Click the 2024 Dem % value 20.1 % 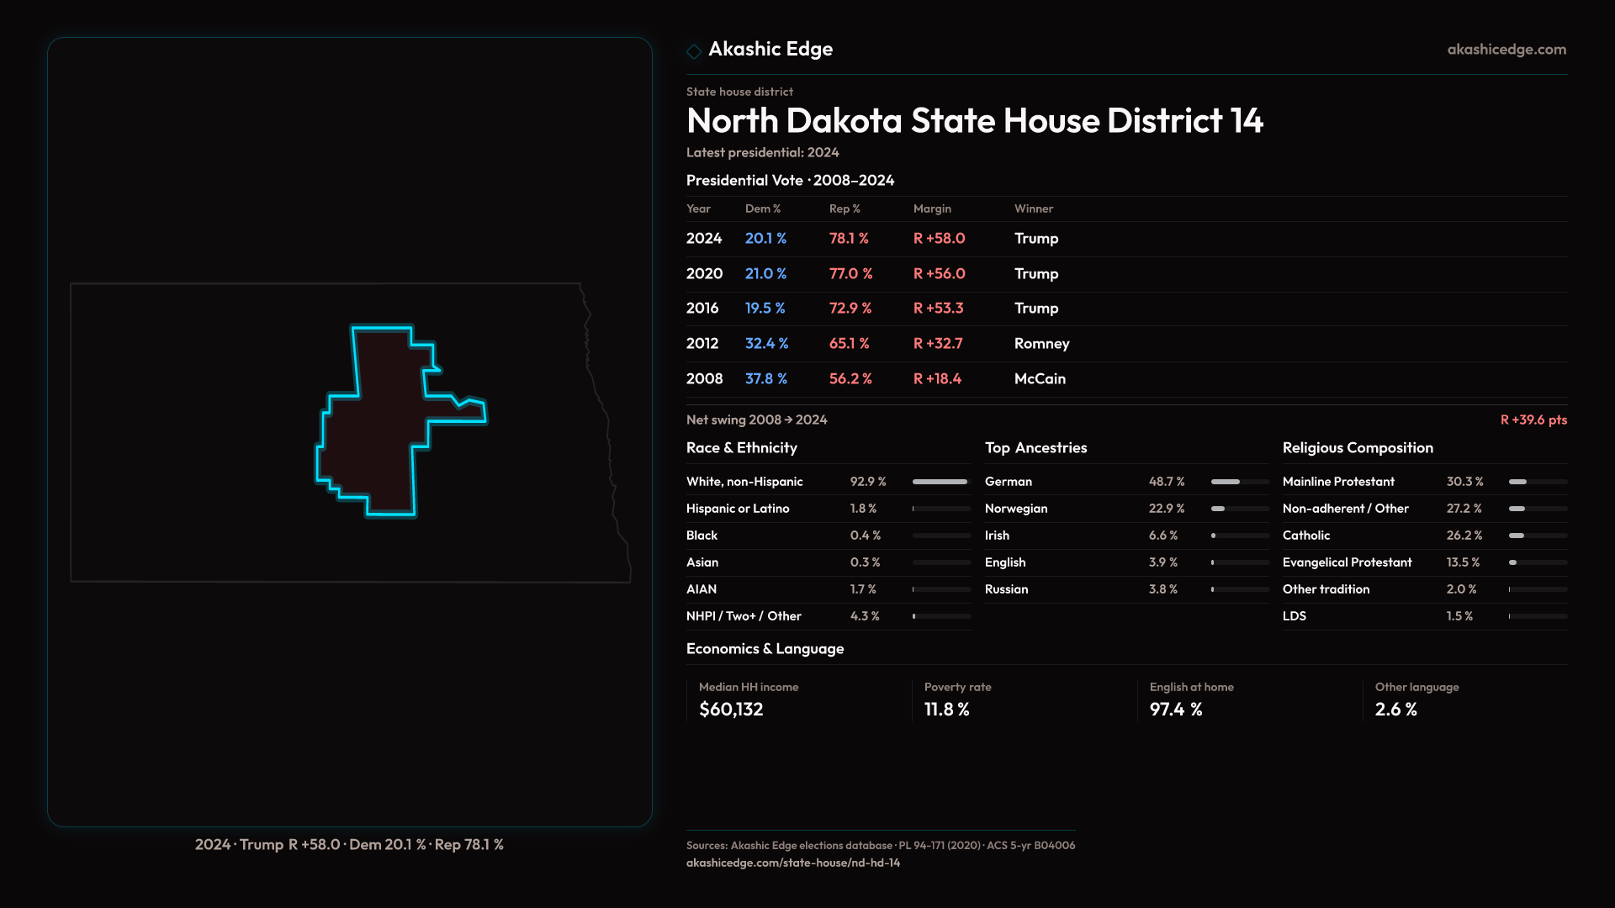pyautogui.click(x=765, y=239)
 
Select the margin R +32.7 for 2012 pyautogui.click(x=938, y=344)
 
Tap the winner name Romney pyautogui.click(x=1041, y=344)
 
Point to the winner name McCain pyautogui.click(x=1040, y=379)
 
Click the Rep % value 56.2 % pyautogui.click(x=850, y=379)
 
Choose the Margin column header pyautogui.click(x=932, y=209)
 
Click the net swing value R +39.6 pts pyautogui.click(x=1533, y=420)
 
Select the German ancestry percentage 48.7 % pyautogui.click(x=1167, y=482)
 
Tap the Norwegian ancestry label pyautogui.click(x=1016, y=509)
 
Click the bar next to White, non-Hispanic pyautogui.click(x=940, y=482)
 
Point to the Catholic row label pyautogui.click(x=1306, y=536)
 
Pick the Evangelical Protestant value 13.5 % pyautogui.click(x=1463, y=562)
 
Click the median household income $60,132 pyautogui.click(x=731, y=710)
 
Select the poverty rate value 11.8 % pyautogui.click(x=946, y=710)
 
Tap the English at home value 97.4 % pyautogui.click(x=1176, y=710)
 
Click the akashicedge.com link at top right pyautogui.click(x=1506, y=50)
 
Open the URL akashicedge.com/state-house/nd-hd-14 pyautogui.click(x=792, y=863)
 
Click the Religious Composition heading pyautogui.click(x=1358, y=448)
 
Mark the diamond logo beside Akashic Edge pyautogui.click(x=694, y=51)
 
